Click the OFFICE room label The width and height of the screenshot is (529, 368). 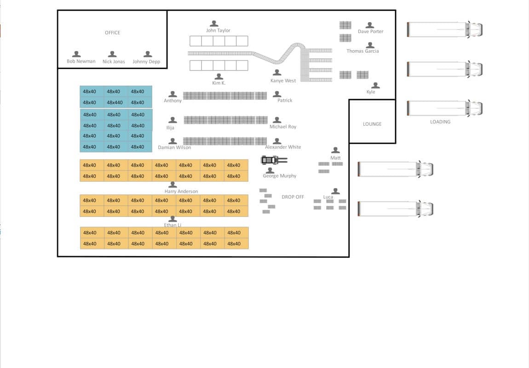[112, 33]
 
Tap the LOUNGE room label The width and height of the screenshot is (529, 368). [372, 124]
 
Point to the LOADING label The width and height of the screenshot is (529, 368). [440, 122]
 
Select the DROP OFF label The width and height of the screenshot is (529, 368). [293, 197]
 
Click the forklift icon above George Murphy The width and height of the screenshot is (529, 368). [274, 160]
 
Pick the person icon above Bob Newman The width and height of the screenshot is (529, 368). [76, 54]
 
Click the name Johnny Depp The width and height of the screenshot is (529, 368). [146, 62]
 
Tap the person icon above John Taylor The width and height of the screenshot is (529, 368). [214, 23]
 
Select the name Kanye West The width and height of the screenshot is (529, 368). [283, 81]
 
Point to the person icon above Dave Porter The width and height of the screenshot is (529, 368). [370, 25]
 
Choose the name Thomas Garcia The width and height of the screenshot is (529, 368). [362, 51]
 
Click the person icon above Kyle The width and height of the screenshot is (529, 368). [375, 86]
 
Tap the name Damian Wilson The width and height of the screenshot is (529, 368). [174, 147]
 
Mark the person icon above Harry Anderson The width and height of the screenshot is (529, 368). [173, 185]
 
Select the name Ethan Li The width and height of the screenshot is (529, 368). [173, 225]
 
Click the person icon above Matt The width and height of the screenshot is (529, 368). [335, 150]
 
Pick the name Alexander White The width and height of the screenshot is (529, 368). [283, 147]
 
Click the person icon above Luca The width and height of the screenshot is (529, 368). [335, 191]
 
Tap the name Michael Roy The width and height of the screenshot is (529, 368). [283, 127]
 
